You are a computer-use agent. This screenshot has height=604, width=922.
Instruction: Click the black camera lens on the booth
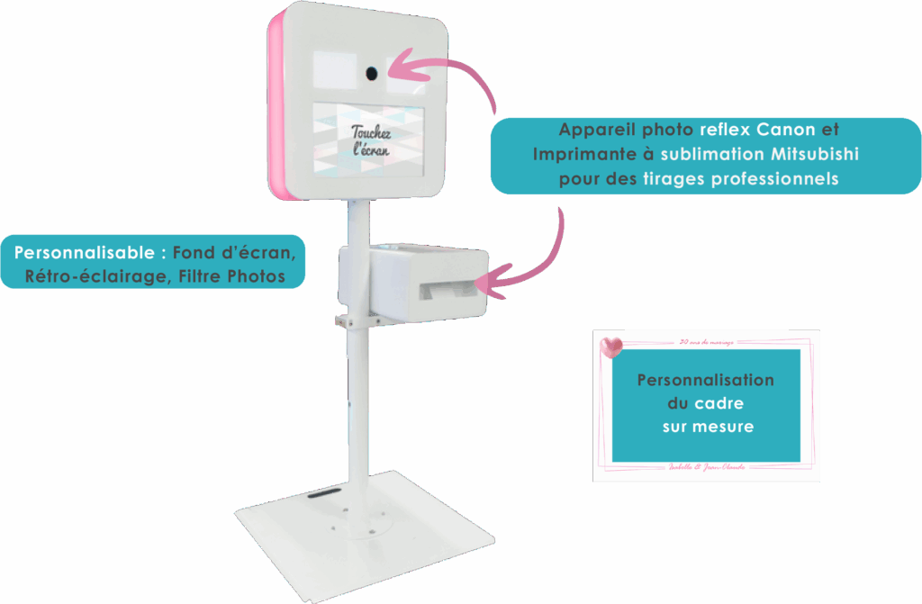pyautogui.click(x=371, y=72)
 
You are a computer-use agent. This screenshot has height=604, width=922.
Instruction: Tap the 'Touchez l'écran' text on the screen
pyautogui.click(x=371, y=140)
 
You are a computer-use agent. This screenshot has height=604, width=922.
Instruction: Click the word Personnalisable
pyautogui.click(x=85, y=251)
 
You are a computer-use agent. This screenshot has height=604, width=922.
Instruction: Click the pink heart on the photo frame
pyautogui.click(x=612, y=346)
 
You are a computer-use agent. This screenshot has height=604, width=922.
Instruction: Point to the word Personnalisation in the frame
pyautogui.click(x=705, y=380)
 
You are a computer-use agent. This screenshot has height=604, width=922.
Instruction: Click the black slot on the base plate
pyautogui.click(x=321, y=494)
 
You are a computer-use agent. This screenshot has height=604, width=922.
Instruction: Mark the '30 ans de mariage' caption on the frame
pyautogui.click(x=707, y=341)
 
